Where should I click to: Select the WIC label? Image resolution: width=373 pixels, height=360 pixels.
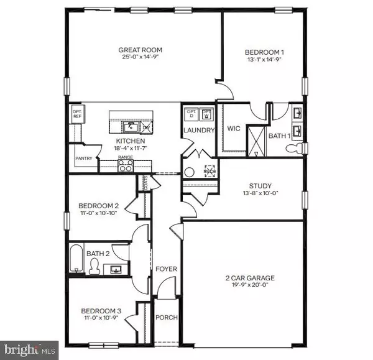click(233, 129)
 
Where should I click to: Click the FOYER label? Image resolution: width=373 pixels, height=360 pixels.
click(166, 269)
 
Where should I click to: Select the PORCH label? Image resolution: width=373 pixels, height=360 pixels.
click(166, 317)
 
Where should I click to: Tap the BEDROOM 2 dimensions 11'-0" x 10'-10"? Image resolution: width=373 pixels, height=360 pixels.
click(99, 214)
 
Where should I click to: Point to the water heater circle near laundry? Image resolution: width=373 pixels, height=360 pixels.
click(190, 173)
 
